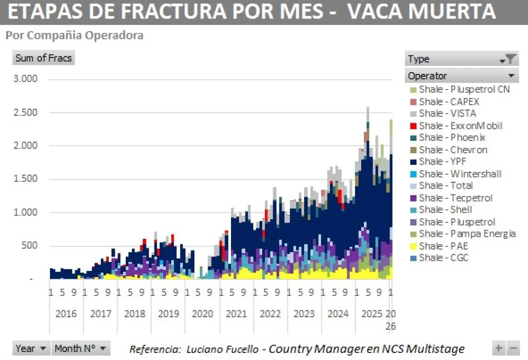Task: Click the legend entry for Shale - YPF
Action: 442,162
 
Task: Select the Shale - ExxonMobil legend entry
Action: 460,126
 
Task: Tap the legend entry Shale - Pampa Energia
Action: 467,234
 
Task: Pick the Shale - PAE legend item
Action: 443,246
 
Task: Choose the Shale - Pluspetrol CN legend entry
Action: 464,89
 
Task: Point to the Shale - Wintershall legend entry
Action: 460,174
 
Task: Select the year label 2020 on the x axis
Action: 202,314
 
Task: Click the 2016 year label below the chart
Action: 66,314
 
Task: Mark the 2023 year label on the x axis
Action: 304,314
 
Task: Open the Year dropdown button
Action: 31,349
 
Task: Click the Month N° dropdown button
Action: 81,349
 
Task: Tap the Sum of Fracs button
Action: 43,58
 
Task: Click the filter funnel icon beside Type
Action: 510,59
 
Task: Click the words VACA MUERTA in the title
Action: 422,12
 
